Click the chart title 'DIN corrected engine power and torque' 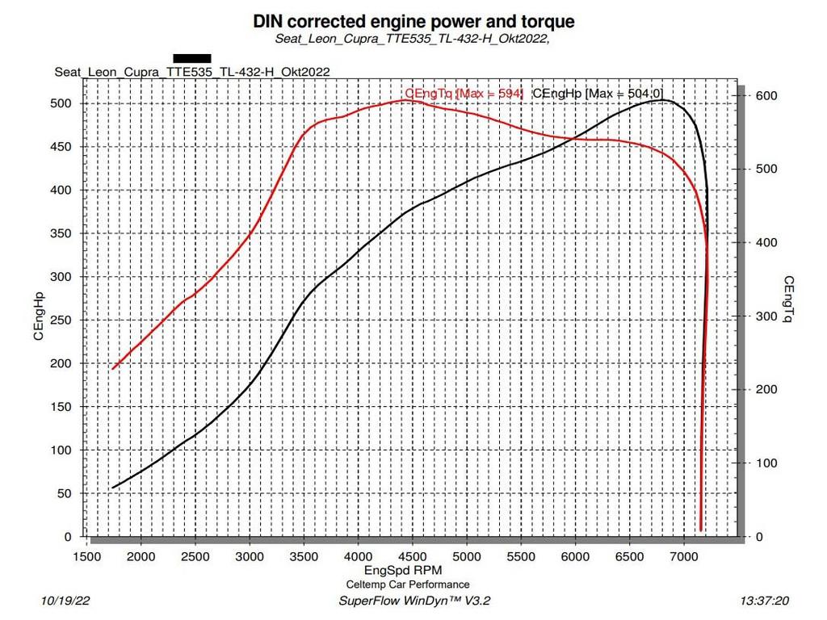tap(413, 21)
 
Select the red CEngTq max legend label tap(464, 94)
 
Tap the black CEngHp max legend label tap(598, 94)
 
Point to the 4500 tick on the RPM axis tap(413, 557)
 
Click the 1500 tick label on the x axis tap(87, 557)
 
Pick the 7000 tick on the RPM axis tap(683, 557)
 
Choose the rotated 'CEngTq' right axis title tap(788, 300)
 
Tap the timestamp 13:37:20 tap(764, 601)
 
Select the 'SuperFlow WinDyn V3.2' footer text tap(414, 601)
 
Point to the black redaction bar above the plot tap(192, 58)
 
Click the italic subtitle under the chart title tap(413, 38)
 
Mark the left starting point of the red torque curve tap(113, 368)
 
